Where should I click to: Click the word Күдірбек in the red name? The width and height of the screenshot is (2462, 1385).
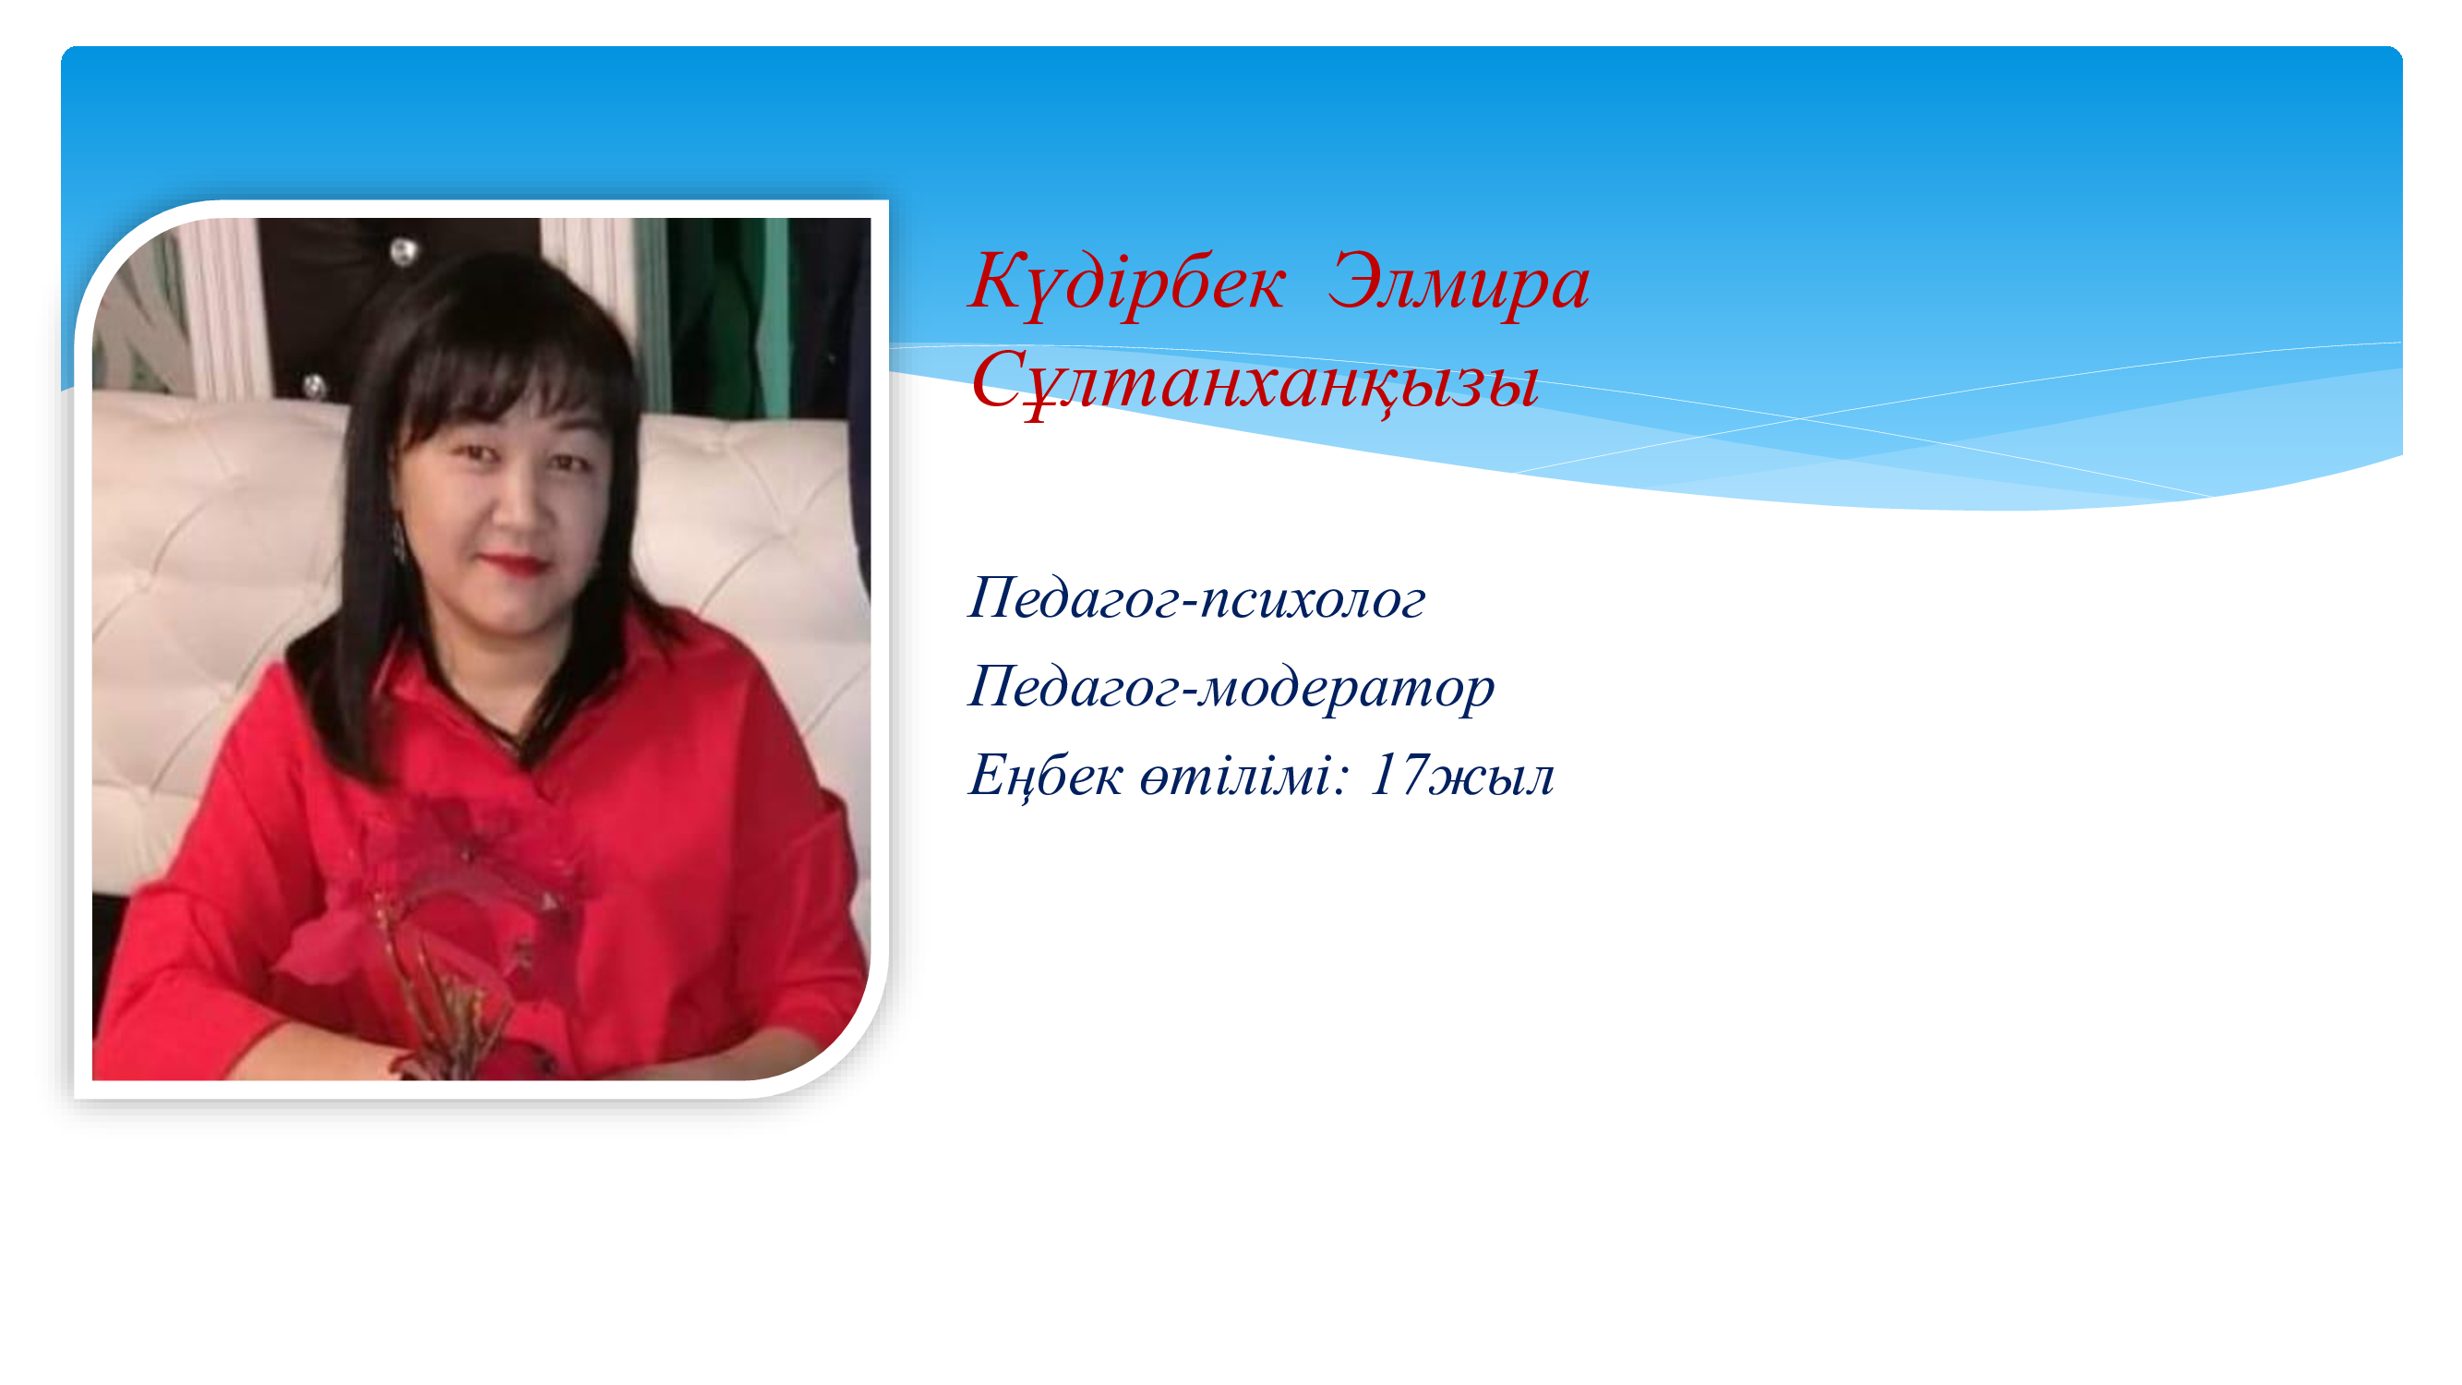[x=1127, y=283]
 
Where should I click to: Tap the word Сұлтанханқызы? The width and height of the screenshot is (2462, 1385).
[x=1254, y=381]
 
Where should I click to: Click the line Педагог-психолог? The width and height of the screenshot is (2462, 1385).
[x=1196, y=599]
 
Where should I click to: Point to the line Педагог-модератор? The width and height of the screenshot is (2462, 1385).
[x=1231, y=687]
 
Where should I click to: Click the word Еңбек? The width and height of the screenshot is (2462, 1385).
[x=1045, y=775]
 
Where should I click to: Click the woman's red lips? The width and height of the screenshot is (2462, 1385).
[x=513, y=563]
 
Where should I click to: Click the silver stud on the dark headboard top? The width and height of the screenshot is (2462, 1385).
[x=403, y=251]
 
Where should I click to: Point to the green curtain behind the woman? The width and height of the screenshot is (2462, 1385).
[x=731, y=316]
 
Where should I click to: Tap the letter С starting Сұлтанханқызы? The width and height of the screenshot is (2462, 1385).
[x=998, y=380]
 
